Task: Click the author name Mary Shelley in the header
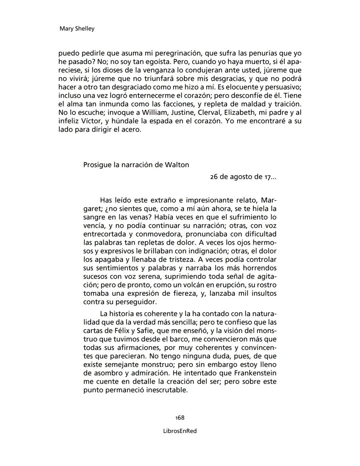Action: click(x=77, y=29)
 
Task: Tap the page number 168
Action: click(x=180, y=418)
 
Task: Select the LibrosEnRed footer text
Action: click(x=180, y=431)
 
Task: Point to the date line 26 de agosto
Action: click(x=243, y=177)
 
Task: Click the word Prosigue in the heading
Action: click(x=97, y=165)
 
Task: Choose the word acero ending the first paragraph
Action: click(x=131, y=129)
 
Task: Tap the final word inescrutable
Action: click(x=165, y=390)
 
